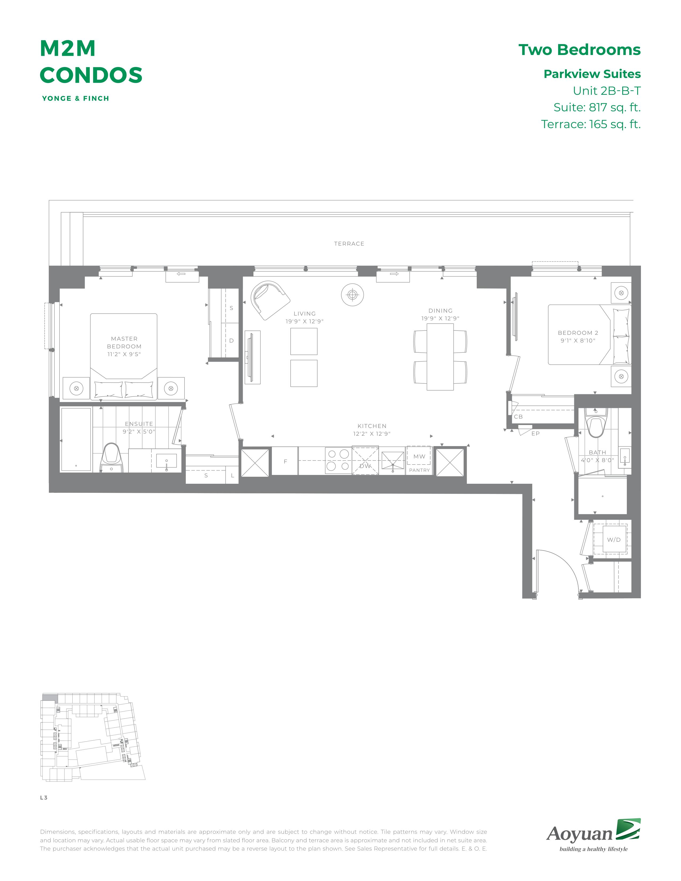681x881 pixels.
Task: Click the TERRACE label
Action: point(349,244)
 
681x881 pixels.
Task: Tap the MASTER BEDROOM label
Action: point(124,343)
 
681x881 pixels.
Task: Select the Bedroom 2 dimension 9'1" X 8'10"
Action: point(578,340)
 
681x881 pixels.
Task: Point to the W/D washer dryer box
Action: point(614,539)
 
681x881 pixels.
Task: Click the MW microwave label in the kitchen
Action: point(419,456)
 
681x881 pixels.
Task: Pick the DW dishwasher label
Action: point(365,466)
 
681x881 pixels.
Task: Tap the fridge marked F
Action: point(285,461)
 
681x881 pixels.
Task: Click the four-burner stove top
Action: point(338,460)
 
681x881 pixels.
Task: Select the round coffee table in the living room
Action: point(352,295)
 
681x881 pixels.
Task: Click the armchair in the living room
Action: point(269,299)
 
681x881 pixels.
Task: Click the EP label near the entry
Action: point(535,434)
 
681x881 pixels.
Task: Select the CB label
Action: point(518,417)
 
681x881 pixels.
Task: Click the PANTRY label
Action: point(420,470)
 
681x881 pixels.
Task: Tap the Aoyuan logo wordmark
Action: point(579,833)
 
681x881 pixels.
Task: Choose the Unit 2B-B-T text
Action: point(607,91)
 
